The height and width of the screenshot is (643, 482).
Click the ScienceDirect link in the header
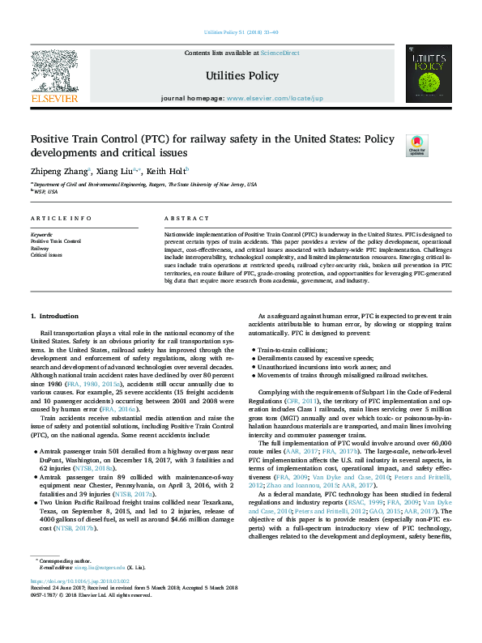pyautogui.click(x=279, y=53)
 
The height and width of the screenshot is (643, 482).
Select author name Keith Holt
pyautogui.click(x=167, y=171)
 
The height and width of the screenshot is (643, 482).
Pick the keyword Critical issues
pyautogui.click(x=46, y=254)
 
